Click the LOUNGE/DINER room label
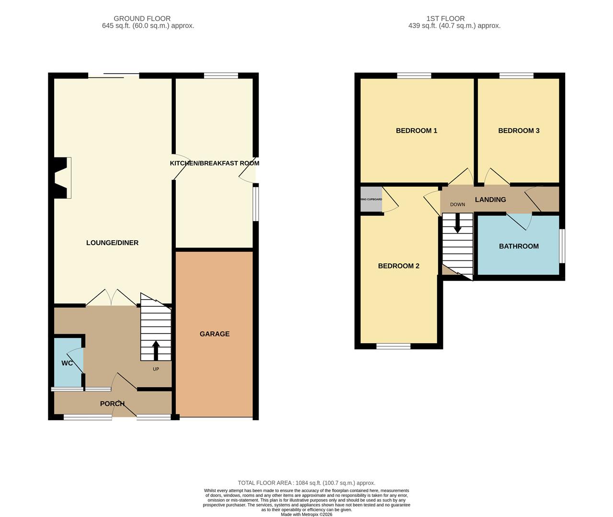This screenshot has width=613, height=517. (112, 243)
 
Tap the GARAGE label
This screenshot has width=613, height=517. (215, 334)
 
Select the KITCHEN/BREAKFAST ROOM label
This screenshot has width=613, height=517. (215, 163)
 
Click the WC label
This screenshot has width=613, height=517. (67, 363)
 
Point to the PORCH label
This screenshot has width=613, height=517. (112, 404)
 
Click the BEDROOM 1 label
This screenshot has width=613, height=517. (416, 131)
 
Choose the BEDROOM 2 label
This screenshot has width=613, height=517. (398, 266)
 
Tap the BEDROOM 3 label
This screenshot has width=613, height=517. (519, 131)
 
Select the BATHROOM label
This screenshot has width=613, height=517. (519, 246)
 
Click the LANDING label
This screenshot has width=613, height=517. (490, 200)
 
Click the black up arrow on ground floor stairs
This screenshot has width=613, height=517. (156, 349)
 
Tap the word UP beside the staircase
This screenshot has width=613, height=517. (156, 369)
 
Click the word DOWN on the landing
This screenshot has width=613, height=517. (457, 204)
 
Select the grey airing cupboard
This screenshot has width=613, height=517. (371, 199)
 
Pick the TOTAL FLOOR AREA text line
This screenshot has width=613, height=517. (306, 483)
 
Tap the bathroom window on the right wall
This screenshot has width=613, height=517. (562, 246)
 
